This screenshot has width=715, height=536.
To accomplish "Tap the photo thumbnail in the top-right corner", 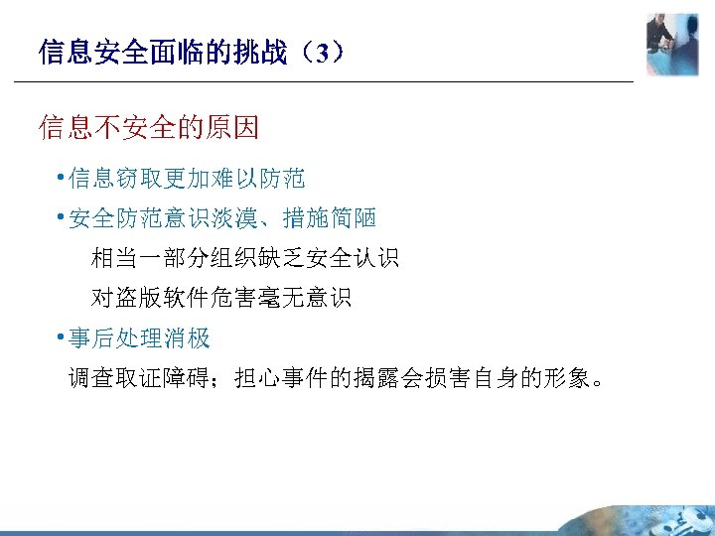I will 671,43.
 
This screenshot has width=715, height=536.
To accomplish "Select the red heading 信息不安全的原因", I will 149,127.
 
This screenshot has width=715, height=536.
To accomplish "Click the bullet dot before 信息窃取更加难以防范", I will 61,178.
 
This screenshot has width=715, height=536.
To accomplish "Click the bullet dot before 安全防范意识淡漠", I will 61,217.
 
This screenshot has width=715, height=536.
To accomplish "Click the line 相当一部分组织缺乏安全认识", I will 245,259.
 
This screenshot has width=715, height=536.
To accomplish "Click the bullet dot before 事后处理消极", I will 61,336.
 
